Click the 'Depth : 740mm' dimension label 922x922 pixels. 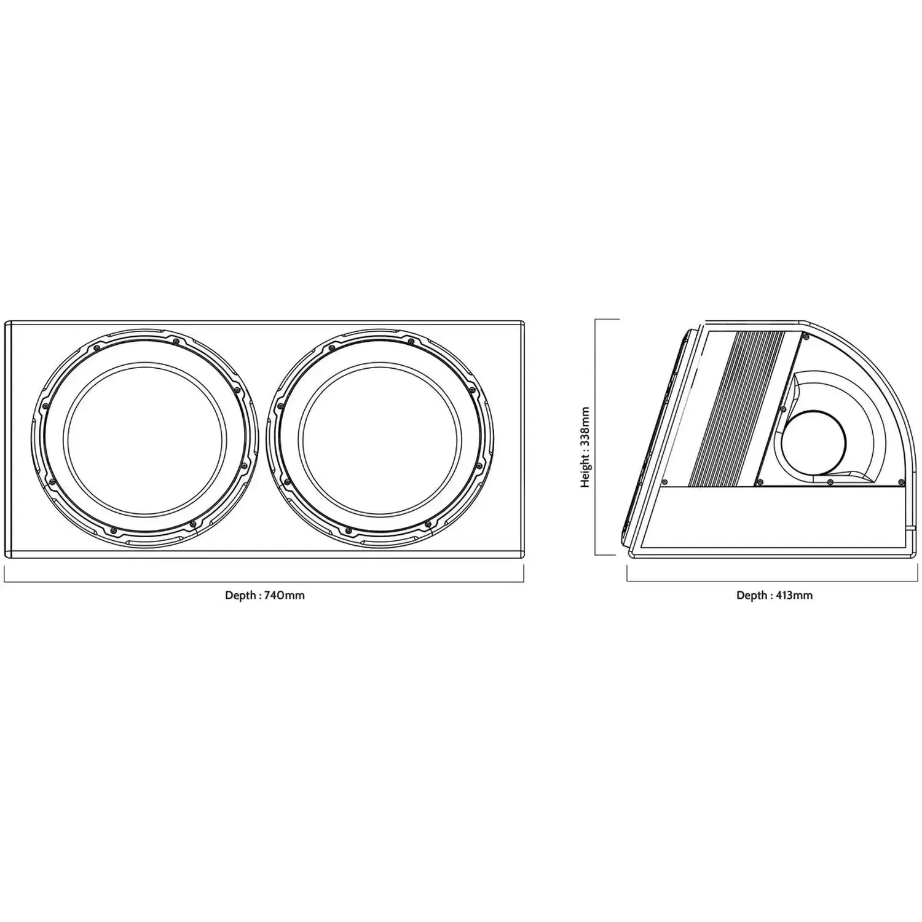[x=264, y=595]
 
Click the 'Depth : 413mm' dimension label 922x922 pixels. [x=774, y=595]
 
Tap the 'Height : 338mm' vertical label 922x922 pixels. [x=585, y=447]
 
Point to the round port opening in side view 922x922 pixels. [x=814, y=441]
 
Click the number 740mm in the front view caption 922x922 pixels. [x=284, y=595]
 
